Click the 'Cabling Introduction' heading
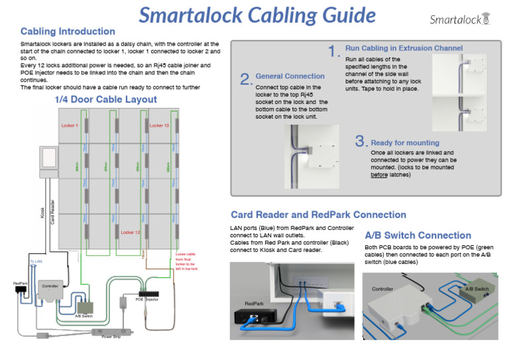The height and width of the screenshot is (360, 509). coord(68,31)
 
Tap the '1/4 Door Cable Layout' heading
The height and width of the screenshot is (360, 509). coord(105,99)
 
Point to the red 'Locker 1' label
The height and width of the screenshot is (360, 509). coord(70,125)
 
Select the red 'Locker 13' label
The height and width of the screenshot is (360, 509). coord(159,125)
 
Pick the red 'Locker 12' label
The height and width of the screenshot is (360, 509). coord(130,233)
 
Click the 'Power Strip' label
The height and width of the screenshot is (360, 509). coord(111,337)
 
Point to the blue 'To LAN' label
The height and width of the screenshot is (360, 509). coord(36,263)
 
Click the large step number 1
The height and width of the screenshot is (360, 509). coord(335,51)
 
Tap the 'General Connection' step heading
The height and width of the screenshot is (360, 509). coord(290,76)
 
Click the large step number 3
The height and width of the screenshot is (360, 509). coord(361,141)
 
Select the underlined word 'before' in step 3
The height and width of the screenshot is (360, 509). coord(379,175)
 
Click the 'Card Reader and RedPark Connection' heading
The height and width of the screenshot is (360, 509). coord(318,215)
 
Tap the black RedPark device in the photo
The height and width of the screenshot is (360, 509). coord(255,316)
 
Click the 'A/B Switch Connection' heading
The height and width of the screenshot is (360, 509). coord(418,235)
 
